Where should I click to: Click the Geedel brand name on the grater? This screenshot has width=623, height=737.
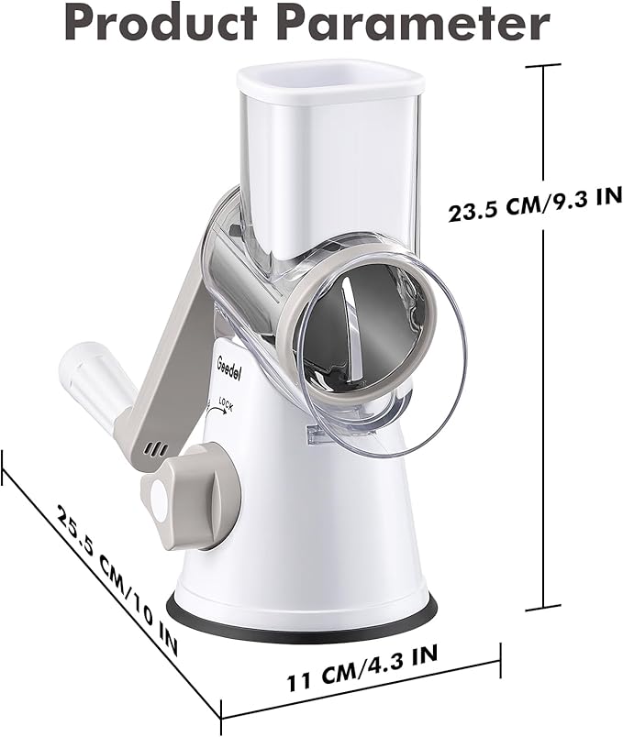coord(229,364)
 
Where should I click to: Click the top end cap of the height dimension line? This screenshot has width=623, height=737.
coord(547,65)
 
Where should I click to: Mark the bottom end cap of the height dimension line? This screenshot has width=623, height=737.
coord(547,606)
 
